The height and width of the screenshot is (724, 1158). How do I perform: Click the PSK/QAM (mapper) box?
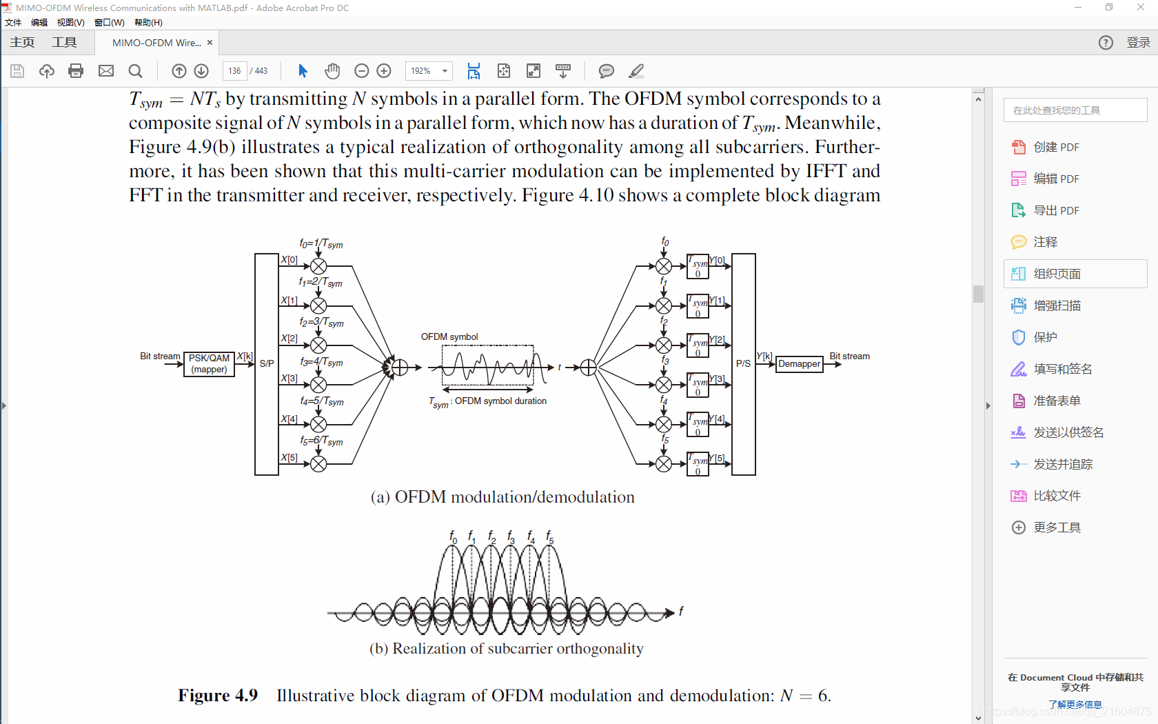210,363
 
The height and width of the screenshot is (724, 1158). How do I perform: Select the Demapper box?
799,363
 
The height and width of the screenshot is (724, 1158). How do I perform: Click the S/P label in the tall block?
267,363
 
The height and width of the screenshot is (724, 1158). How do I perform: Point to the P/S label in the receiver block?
743,363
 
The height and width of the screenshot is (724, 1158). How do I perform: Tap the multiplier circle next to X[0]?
318,266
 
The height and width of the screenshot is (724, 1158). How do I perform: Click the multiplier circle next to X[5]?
318,464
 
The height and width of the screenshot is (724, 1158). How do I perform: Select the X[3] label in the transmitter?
289,379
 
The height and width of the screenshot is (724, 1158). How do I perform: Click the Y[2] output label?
718,340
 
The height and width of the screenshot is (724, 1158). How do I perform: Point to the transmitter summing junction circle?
400,368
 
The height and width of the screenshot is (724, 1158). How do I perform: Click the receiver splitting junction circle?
588,368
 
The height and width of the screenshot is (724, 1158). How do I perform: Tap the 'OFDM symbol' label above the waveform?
449,337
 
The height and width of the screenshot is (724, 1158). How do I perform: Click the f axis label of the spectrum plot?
681,611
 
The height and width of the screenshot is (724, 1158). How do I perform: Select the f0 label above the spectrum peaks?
453,536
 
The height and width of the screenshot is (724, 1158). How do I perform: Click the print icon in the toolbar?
76,70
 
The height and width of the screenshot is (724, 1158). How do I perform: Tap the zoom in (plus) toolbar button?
384,70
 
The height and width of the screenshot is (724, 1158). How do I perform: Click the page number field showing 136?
234,70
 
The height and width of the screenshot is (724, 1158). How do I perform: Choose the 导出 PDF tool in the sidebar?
1056,210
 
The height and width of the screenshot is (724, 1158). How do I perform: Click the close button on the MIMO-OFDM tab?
210,43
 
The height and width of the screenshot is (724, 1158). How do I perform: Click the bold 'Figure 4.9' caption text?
218,695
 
